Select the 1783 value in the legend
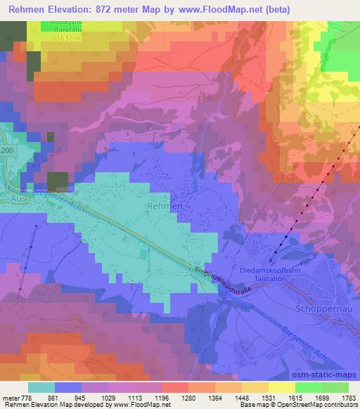click(x=347, y=398)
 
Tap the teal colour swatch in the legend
click(x=41, y=387)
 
